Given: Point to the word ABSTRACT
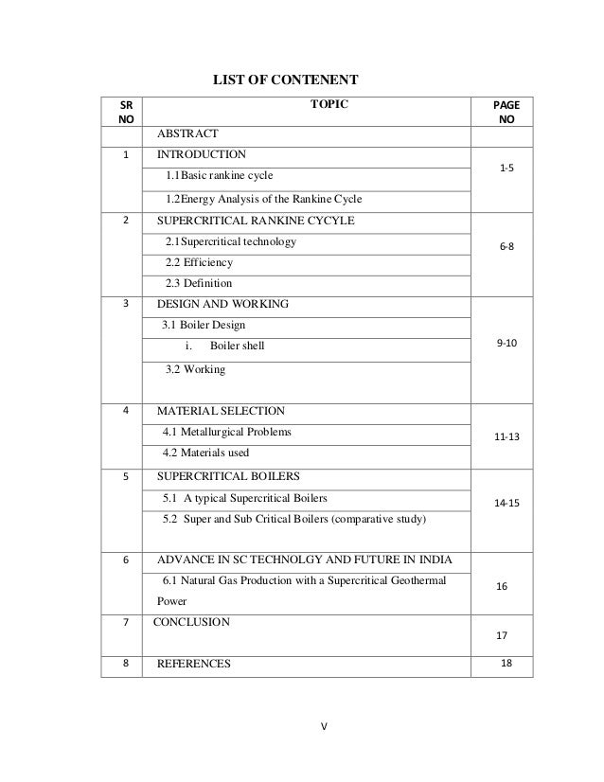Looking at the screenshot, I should pyautogui.click(x=187, y=133).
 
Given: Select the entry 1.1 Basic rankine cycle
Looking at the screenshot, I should pyautogui.click(x=222, y=176).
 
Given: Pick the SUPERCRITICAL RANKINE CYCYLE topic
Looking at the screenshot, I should pyautogui.click(x=255, y=221).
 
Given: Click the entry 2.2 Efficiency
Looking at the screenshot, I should pyautogui.click(x=199, y=262).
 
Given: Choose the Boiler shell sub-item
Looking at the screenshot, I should pyautogui.click(x=237, y=346).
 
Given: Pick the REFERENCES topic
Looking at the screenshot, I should pyautogui.click(x=193, y=665).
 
